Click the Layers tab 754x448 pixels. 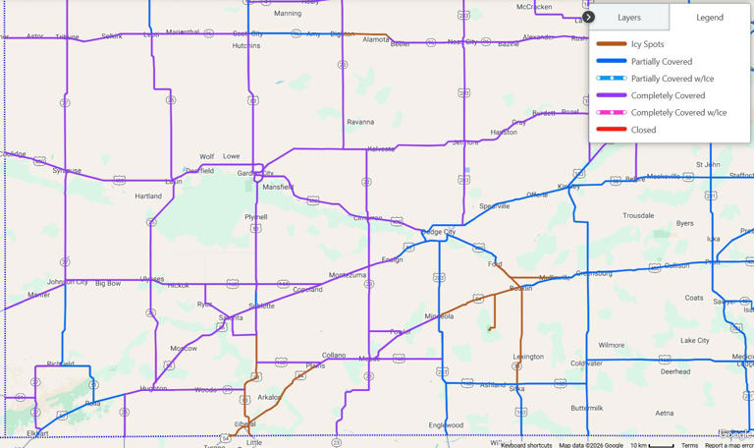click(x=629, y=17)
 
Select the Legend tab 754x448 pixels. click(x=710, y=17)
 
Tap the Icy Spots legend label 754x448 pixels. click(x=647, y=44)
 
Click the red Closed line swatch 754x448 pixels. click(x=611, y=130)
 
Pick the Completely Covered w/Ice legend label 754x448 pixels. click(x=678, y=113)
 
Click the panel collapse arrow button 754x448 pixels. click(x=588, y=17)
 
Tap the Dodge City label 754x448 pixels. click(x=438, y=232)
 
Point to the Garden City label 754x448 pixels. click(x=255, y=174)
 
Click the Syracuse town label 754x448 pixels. click(x=67, y=170)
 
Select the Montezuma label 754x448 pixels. click(x=348, y=275)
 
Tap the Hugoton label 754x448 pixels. click(x=153, y=389)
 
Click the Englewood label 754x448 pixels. click(x=446, y=425)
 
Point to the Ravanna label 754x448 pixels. click(x=360, y=123)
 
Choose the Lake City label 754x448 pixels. click(x=695, y=341)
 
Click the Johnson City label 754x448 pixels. click(x=68, y=282)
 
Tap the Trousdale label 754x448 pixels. click(x=638, y=215)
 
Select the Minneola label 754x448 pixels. click(x=439, y=316)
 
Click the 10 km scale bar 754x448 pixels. click(x=652, y=445)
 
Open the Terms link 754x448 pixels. click(x=689, y=445)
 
